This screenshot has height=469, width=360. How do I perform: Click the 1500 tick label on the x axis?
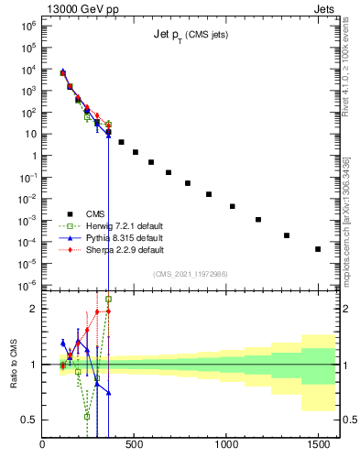[317, 445]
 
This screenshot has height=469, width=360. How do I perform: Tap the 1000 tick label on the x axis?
[225, 445]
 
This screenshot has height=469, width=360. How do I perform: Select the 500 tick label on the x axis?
[135, 445]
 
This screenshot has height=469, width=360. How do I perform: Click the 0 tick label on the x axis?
[43, 445]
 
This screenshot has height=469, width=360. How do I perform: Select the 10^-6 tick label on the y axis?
[27, 285]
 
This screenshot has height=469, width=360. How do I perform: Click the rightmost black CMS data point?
[318, 249]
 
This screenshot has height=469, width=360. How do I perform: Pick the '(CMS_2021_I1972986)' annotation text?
[190, 274]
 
